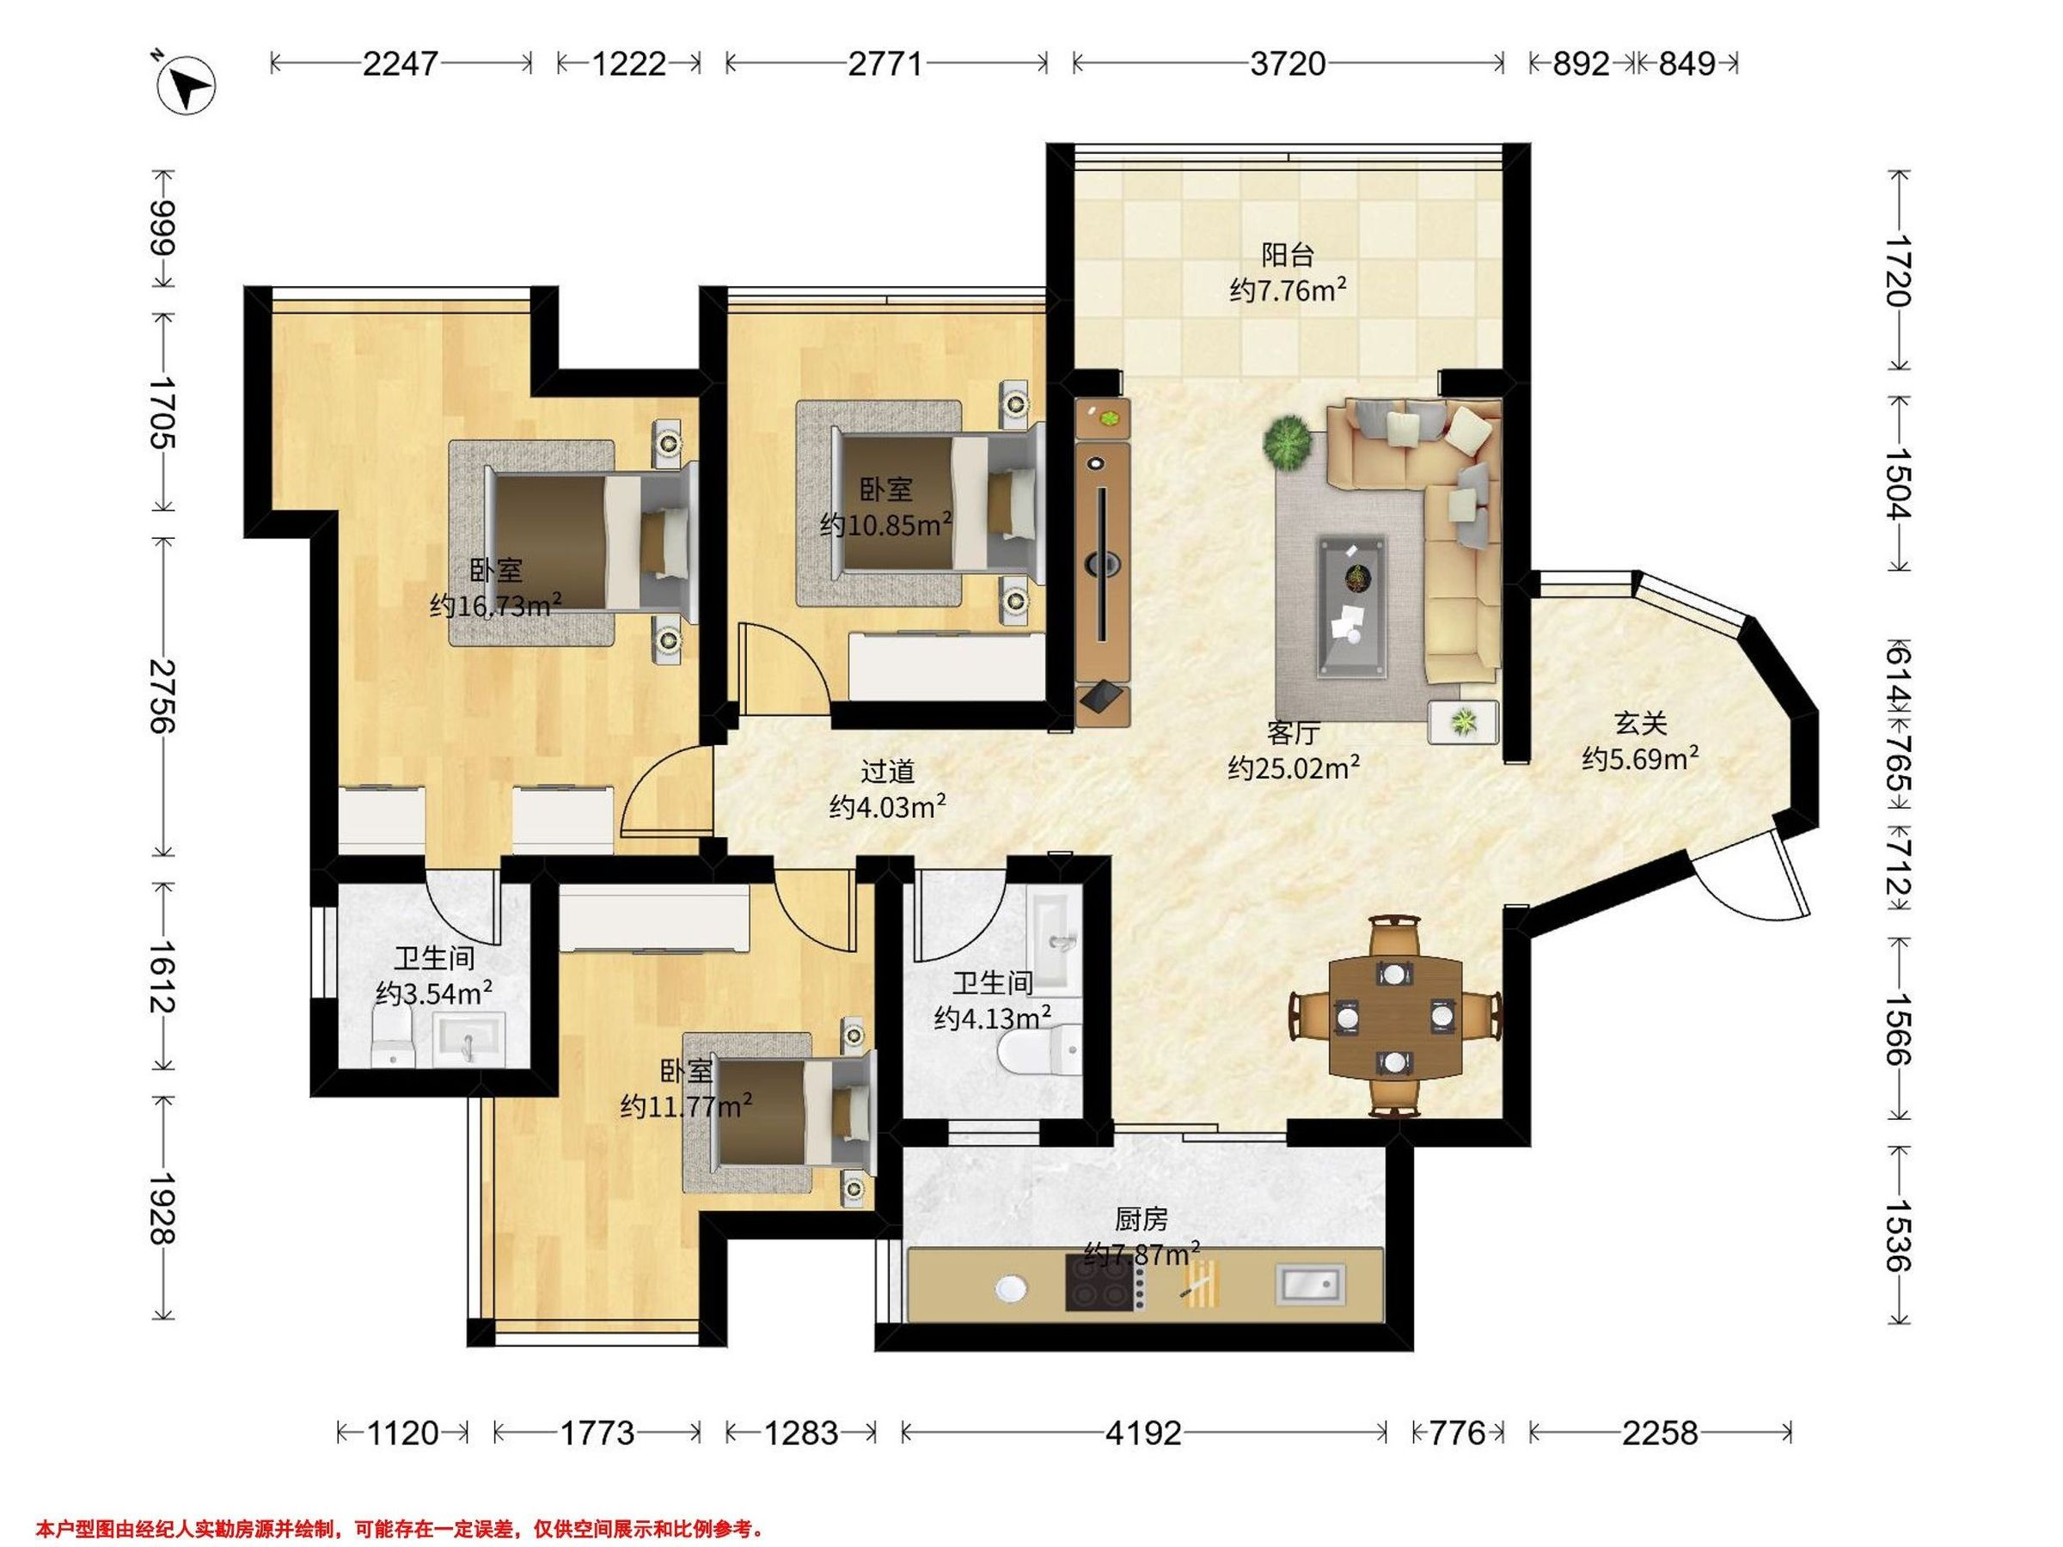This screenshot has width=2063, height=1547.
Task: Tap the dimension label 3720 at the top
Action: click(1288, 64)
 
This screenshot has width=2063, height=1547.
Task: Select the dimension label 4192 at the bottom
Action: click(1143, 1433)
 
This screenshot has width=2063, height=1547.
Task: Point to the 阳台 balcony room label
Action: click(1287, 254)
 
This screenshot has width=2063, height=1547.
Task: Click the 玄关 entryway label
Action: click(1640, 723)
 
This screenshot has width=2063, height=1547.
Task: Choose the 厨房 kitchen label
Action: click(1141, 1219)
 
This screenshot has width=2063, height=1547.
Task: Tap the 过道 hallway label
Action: click(887, 771)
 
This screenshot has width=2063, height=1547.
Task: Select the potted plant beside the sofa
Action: click(1287, 441)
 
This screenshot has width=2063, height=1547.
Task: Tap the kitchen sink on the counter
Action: click(1310, 1283)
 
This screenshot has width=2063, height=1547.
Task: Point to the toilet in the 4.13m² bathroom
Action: click(1039, 1052)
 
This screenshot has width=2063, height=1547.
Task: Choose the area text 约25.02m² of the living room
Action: click(1293, 768)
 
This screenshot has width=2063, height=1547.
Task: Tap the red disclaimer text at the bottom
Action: click(401, 1529)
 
